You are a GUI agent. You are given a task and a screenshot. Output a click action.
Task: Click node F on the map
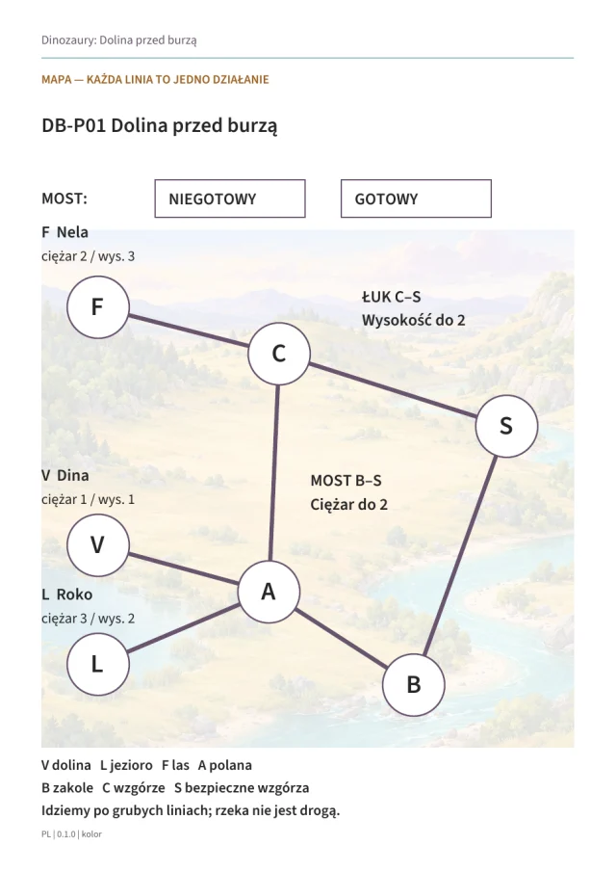[98, 307]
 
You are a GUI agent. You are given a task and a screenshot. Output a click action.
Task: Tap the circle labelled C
[279, 354]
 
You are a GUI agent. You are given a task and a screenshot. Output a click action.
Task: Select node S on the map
[506, 426]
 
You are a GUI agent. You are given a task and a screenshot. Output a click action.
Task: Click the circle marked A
[269, 592]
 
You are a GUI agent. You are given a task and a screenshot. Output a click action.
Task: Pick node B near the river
[414, 685]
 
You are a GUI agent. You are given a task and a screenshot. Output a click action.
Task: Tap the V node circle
[98, 544]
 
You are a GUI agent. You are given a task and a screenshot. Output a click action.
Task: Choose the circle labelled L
[98, 664]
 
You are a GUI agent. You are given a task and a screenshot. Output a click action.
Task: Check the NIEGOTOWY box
[230, 198]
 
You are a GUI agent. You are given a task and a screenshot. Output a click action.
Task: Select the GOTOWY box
[416, 198]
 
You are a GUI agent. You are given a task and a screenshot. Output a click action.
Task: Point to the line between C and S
[393, 390]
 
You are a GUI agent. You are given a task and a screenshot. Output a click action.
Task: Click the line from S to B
[460, 556]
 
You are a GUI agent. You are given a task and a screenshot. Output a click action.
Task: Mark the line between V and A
[183, 568]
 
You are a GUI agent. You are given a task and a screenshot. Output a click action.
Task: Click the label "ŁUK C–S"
[391, 297]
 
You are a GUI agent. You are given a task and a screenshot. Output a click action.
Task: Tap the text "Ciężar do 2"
[348, 504]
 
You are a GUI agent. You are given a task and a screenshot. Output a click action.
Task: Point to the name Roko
[74, 595]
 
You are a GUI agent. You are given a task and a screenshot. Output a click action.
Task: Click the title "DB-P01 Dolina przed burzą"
[160, 126]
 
